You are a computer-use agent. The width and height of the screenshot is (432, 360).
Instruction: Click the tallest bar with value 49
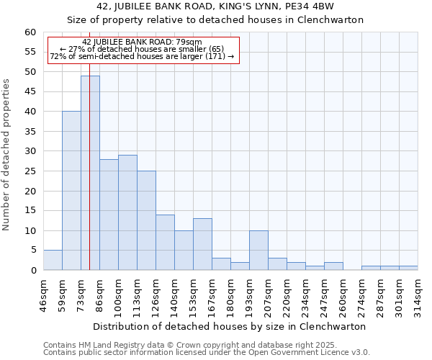point(90,173)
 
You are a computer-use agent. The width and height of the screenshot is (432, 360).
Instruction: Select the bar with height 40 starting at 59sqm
point(71,191)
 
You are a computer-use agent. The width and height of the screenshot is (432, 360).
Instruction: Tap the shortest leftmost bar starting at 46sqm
point(53,261)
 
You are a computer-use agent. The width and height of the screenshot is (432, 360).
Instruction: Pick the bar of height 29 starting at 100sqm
point(127,212)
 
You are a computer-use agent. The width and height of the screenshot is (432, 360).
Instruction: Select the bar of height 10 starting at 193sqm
point(258,251)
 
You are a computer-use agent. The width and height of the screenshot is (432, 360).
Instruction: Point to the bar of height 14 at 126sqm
point(165,243)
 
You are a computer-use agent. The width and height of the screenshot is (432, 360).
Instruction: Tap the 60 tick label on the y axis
point(30,32)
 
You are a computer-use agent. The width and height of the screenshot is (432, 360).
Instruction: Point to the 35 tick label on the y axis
point(30,132)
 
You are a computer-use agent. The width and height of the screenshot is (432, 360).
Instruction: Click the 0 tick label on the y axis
point(33,271)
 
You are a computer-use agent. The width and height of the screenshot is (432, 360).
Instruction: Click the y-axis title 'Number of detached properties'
point(7,155)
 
